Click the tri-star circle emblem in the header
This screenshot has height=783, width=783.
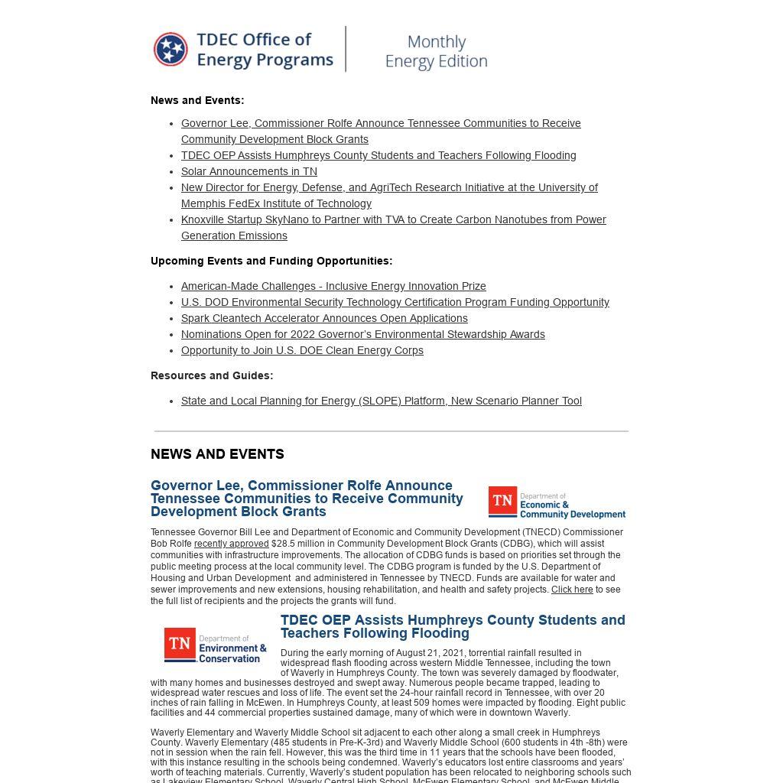(171, 50)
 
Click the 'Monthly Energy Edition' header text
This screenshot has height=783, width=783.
(436, 51)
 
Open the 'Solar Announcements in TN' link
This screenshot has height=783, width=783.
(249, 171)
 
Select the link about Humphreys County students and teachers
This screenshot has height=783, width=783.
(379, 155)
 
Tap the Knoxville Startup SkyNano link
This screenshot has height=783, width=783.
(393, 220)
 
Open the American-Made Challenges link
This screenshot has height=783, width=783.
(333, 286)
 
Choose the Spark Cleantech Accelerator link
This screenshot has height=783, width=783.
(324, 318)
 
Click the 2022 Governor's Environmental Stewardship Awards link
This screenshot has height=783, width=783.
(362, 334)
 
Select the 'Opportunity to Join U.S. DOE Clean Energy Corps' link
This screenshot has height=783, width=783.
(302, 350)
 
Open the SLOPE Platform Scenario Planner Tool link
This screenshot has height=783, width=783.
(381, 401)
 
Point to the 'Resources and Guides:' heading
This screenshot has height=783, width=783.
(212, 375)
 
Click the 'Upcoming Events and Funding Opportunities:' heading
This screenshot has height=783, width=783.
(271, 261)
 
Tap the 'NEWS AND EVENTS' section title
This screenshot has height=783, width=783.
(217, 454)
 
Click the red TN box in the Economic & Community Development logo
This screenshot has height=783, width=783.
(502, 502)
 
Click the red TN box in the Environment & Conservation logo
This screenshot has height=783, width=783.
(180, 645)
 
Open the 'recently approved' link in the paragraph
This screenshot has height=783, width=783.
(231, 544)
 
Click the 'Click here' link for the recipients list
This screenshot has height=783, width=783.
(572, 590)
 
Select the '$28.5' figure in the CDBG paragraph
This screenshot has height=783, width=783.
(281, 544)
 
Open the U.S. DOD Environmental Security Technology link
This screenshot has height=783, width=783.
(395, 302)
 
